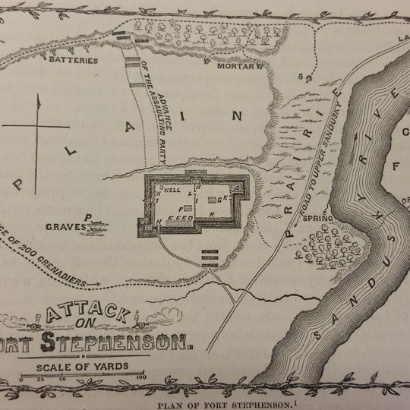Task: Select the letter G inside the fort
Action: pyautogui.click(x=219, y=199)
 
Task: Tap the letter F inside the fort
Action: pyautogui.click(x=180, y=207)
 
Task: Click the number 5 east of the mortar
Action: pyautogui.click(x=301, y=77)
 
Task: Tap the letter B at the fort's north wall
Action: pyautogui.click(x=197, y=186)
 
